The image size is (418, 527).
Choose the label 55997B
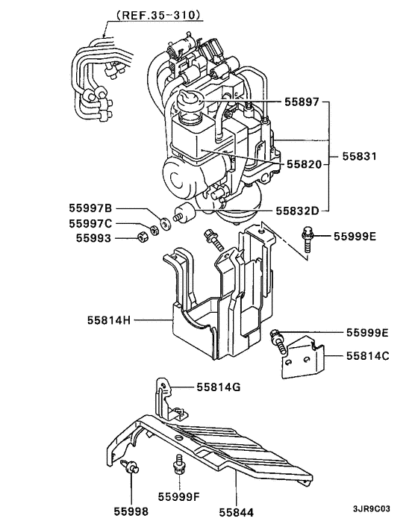92,208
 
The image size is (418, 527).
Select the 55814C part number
367,357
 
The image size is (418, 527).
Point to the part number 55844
237,512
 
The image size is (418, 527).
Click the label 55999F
180,496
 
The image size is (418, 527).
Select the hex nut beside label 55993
140,238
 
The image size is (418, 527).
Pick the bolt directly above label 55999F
178,464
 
